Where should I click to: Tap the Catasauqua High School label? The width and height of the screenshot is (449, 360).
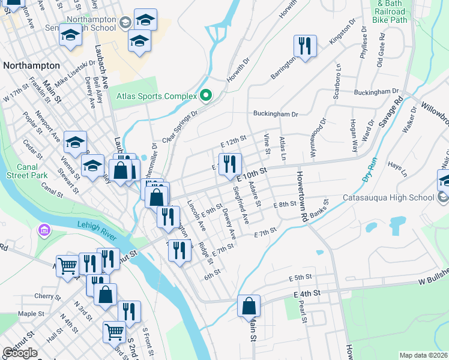(x=388, y=197)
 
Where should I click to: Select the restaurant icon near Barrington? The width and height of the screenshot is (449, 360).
(x=305, y=46)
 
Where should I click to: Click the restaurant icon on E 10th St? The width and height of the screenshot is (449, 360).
(x=229, y=163)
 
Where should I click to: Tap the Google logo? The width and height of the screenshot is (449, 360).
(x=20, y=353)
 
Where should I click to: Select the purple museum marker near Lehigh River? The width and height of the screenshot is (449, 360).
(x=43, y=230)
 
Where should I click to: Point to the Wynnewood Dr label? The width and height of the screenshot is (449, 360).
(x=318, y=139)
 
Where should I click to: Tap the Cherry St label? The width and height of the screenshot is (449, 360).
(x=45, y=296)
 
